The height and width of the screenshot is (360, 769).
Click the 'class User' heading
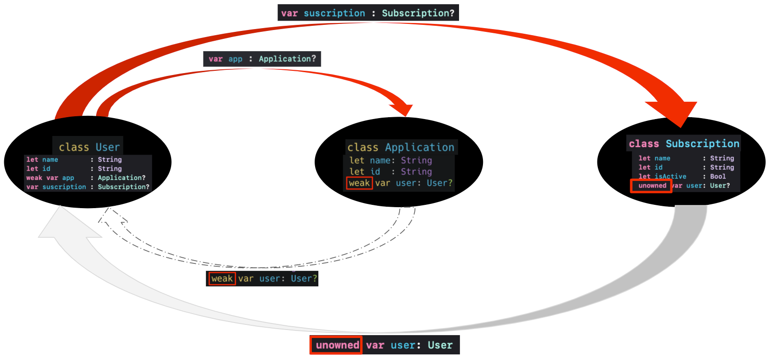pyautogui.click(x=89, y=147)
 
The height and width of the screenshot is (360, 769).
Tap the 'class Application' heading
pyautogui.click(x=400, y=147)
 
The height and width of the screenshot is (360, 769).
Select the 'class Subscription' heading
pyautogui.click(x=684, y=143)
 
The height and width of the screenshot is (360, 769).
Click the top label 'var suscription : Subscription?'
pyautogui.click(x=368, y=13)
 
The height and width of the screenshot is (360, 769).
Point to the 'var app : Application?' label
pyautogui.click(x=262, y=59)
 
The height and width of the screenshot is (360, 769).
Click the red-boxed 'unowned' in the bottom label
pyautogui.click(x=337, y=345)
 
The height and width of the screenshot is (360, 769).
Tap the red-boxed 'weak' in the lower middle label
pyautogui.click(x=222, y=278)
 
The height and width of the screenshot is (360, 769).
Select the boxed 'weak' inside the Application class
pyautogui.click(x=359, y=183)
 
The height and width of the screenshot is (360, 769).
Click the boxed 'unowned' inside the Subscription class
pyautogui.click(x=651, y=186)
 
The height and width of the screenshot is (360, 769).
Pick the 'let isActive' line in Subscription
pyautogui.click(x=662, y=176)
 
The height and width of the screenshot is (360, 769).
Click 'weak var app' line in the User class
pyautogui.click(x=50, y=178)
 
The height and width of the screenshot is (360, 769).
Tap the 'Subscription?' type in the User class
pyautogui.click(x=123, y=187)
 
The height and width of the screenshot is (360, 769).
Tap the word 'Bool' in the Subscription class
pyautogui.click(x=717, y=176)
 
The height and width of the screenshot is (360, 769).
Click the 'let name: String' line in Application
pyautogui.click(x=391, y=160)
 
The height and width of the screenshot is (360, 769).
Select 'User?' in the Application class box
pyautogui.click(x=439, y=183)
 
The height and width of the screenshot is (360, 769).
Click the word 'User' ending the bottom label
pyautogui.click(x=440, y=345)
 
